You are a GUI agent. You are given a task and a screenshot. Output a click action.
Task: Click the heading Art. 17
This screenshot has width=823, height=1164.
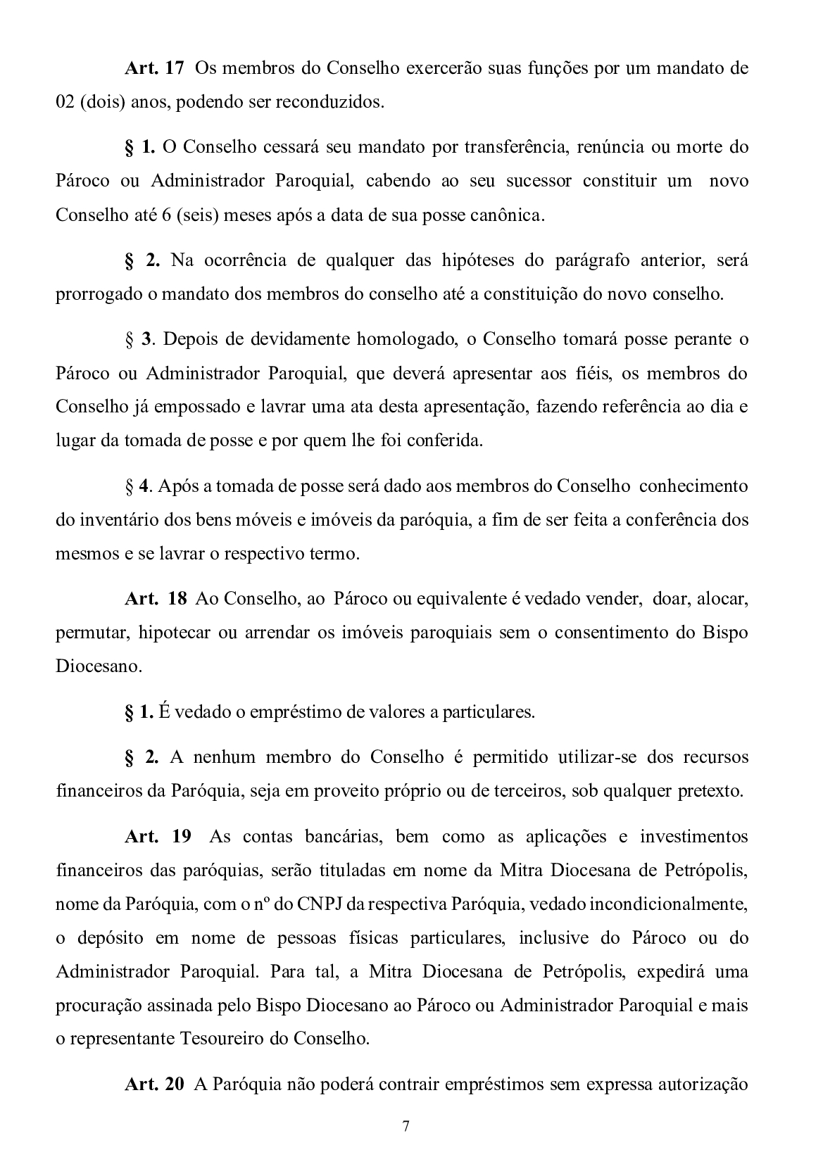(154, 69)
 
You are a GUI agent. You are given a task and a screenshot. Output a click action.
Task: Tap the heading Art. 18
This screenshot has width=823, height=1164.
(156, 599)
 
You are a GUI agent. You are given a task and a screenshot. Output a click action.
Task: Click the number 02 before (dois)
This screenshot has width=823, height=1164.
(65, 103)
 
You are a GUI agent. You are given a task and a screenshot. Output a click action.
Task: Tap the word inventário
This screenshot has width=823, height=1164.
(119, 520)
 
